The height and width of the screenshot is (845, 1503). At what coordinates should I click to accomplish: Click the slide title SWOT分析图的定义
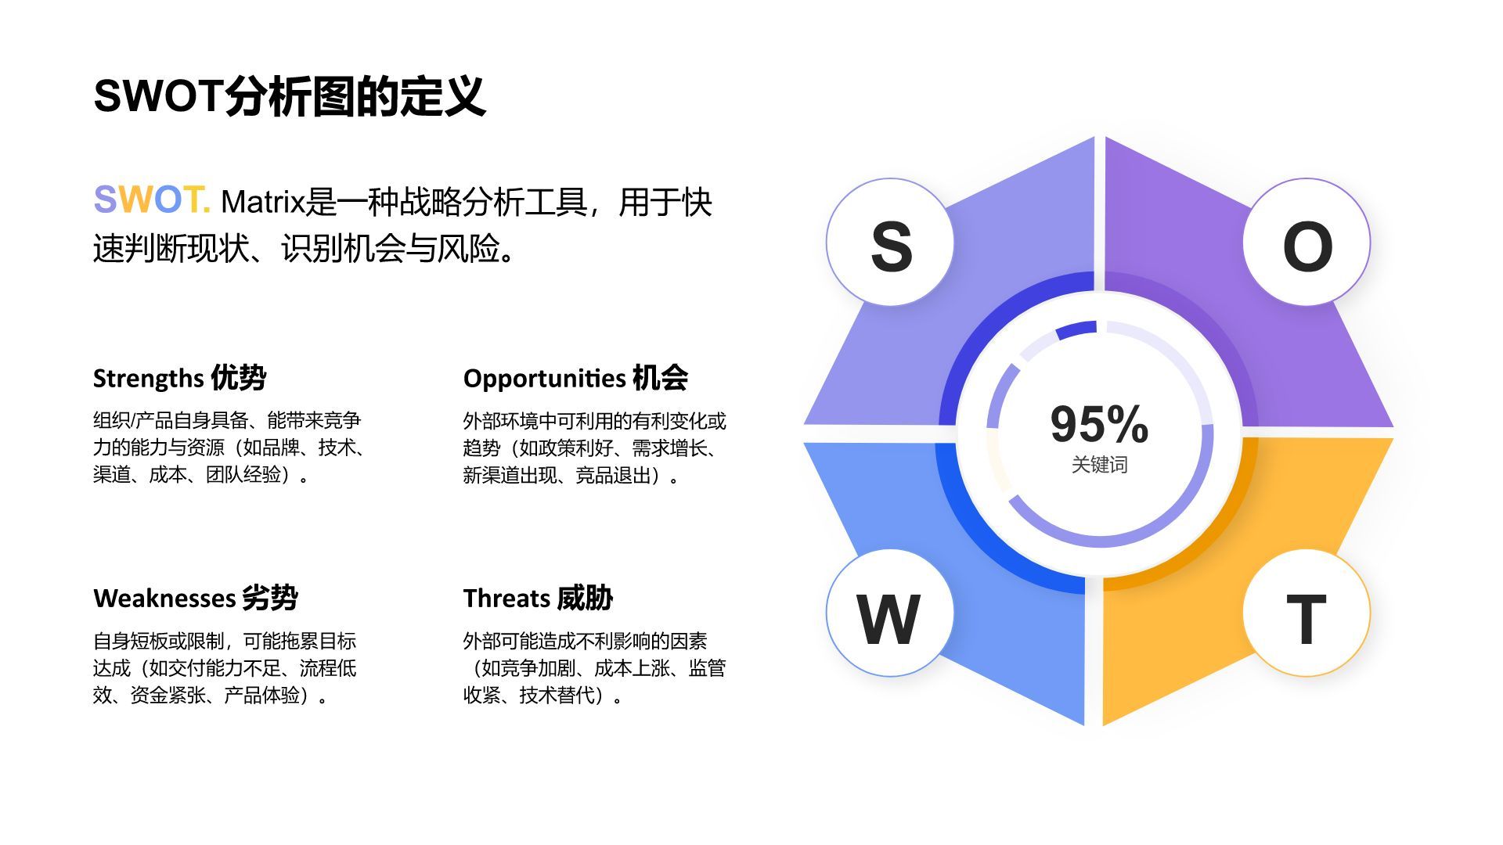point(290,96)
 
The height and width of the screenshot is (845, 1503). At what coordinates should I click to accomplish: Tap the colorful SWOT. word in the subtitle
point(151,200)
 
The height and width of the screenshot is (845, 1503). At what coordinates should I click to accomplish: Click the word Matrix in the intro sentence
point(261,202)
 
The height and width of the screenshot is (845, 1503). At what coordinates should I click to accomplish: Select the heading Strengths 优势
point(179,378)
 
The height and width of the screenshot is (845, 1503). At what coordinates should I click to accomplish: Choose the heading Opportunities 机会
point(575,378)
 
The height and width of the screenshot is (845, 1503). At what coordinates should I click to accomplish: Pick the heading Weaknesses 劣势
point(196,598)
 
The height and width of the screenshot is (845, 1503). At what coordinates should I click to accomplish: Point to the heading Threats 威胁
point(538,598)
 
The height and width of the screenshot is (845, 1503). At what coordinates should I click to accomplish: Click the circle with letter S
point(890,243)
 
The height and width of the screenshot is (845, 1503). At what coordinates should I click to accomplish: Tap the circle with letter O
point(1307,243)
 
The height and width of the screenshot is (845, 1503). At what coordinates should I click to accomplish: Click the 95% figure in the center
point(1099,423)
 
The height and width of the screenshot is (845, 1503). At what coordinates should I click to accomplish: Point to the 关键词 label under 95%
point(1099,465)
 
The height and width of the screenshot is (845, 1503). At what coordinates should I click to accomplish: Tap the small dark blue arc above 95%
point(1076,329)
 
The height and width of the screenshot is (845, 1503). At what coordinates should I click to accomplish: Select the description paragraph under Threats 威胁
point(593,668)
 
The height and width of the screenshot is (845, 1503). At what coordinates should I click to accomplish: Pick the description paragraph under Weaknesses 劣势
point(225,668)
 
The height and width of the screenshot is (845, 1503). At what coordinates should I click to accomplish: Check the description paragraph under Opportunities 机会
point(593,448)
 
